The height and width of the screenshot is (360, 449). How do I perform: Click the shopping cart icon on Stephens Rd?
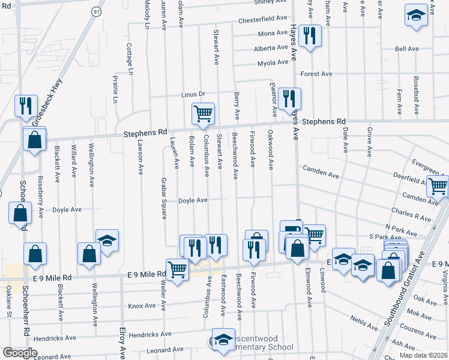(203, 113)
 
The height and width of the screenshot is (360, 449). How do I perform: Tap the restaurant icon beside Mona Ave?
(310, 36)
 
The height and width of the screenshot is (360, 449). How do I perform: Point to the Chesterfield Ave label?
(264, 20)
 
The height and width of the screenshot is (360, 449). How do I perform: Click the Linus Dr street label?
(193, 95)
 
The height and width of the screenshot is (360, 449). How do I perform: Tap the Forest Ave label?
(316, 74)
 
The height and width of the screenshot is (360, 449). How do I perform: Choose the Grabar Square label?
(163, 199)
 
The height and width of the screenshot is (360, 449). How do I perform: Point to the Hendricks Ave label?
(56, 338)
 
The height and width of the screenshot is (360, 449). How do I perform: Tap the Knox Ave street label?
(142, 306)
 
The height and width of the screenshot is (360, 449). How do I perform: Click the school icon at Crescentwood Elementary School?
(223, 341)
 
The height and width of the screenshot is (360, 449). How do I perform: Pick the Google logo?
(20, 353)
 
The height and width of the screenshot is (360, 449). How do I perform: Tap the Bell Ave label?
(406, 49)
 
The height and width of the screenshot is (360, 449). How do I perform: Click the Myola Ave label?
(273, 63)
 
